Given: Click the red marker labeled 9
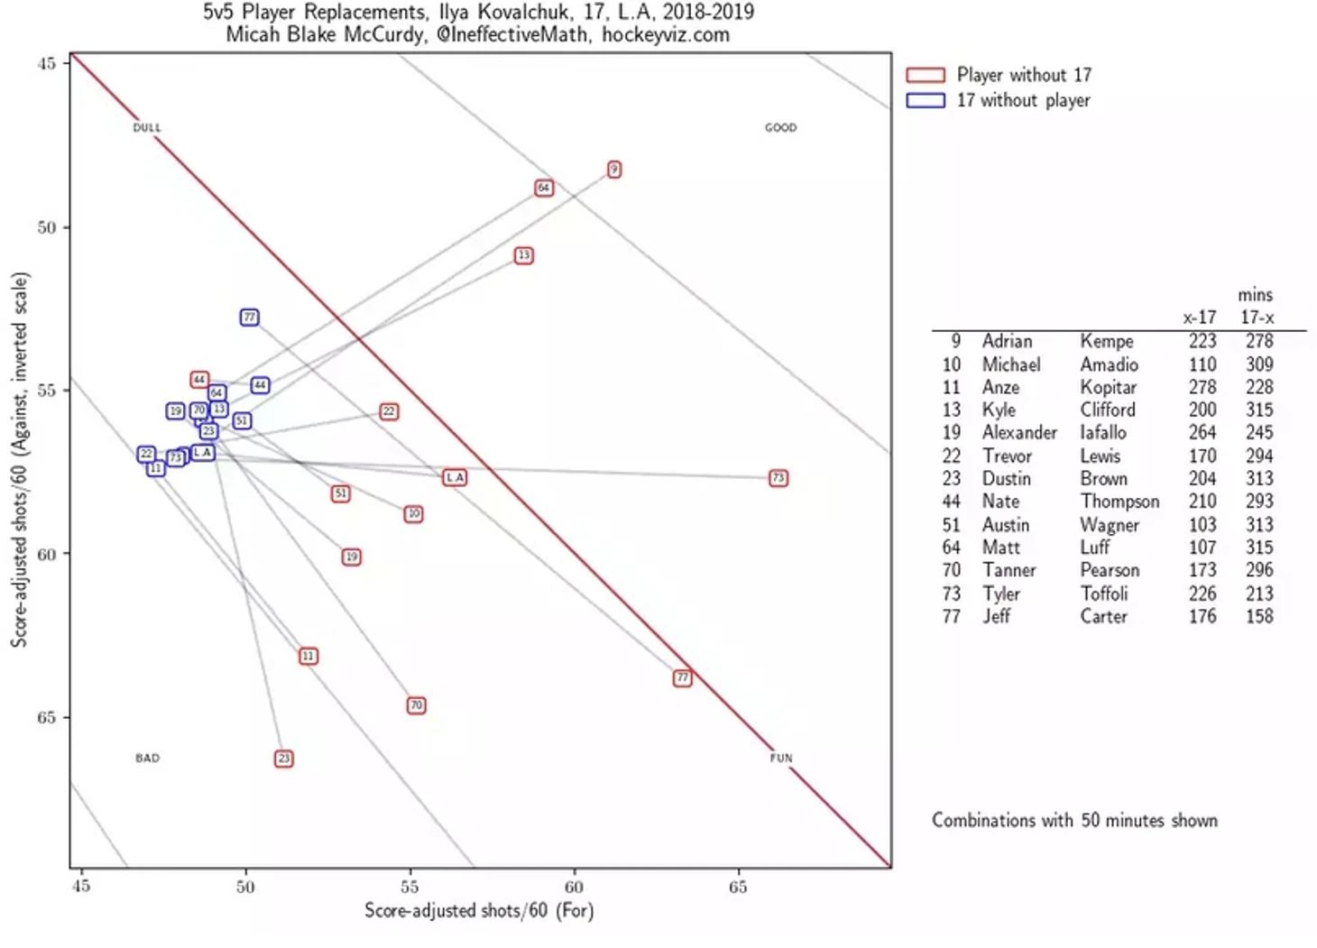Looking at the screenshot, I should tap(614, 170).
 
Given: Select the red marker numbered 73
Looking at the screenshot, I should tap(778, 478).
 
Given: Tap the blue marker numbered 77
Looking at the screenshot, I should tap(250, 318).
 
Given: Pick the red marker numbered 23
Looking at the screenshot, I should tap(284, 759).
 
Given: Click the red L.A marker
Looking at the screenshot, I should tap(455, 477).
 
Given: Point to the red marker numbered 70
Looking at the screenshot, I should tap(416, 705).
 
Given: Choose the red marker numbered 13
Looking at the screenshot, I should tap(523, 256).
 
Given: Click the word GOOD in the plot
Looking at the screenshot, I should tap(780, 128).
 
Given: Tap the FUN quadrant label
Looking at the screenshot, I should tap(781, 759).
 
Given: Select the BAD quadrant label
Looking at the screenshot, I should tap(147, 759).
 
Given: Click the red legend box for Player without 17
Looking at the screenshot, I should tap(926, 75).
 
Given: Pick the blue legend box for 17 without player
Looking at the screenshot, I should tap(926, 100).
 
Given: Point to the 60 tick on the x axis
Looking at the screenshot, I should tap(574, 888).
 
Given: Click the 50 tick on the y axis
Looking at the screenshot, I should tap(47, 227).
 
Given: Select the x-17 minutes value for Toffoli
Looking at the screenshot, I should tap(1202, 594).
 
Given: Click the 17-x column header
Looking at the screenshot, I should tap(1257, 318).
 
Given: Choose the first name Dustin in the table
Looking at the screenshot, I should tap(1007, 479).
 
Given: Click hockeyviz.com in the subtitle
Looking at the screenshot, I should tap(666, 35).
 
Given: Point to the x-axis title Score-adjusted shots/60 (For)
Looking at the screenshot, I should tap(479, 911).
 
